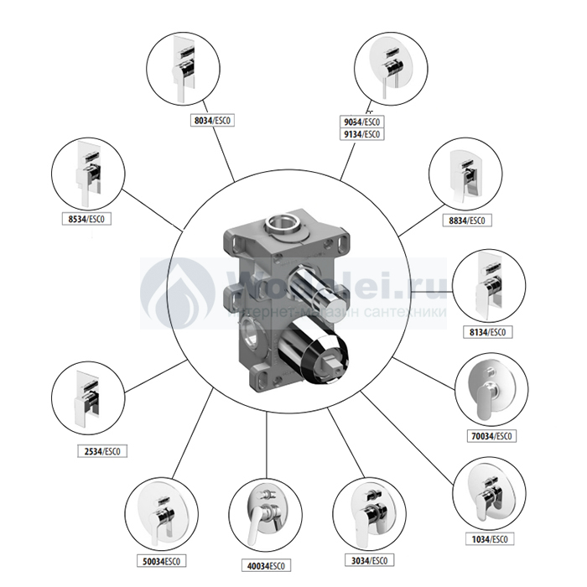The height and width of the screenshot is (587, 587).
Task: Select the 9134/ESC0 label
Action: pos(362,134)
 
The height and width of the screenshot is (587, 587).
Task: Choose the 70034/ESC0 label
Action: pos(491,436)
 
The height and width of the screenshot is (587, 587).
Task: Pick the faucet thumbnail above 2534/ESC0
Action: pos(88,398)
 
